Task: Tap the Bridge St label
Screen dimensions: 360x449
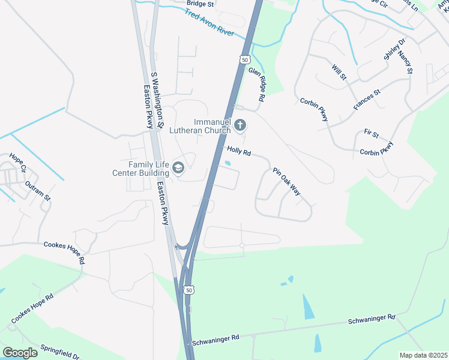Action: pos(200,4)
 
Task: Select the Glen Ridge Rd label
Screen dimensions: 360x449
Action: pos(257,84)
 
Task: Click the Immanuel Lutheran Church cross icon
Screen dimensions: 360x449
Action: pos(240,125)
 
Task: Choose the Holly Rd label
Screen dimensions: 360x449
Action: pos(238,151)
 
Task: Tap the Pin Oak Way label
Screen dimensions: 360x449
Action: pos(286,181)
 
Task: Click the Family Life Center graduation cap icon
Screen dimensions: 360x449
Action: pos(178,169)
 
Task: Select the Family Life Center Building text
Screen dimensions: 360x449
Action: pos(146,169)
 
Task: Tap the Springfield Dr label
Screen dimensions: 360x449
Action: pos(59,352)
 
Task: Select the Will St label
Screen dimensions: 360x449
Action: pos(339,71)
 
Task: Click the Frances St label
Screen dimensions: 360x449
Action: pos(367,100)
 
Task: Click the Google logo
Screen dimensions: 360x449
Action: pos(20,352)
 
